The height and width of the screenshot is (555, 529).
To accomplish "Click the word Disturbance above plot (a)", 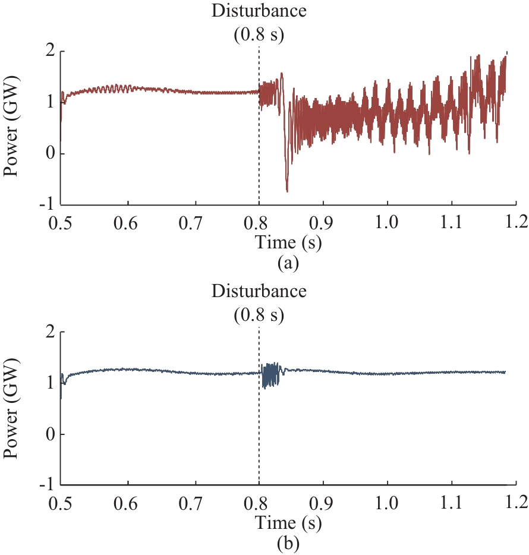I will (x=259, y=11).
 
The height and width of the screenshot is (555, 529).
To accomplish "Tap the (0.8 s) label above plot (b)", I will (x=259, y=314).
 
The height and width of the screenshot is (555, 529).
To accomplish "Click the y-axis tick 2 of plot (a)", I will (x=51, y=52).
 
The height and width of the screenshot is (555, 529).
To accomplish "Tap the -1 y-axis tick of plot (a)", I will (x=49, y=205).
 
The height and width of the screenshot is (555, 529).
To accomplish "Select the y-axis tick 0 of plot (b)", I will (x=51, y=434).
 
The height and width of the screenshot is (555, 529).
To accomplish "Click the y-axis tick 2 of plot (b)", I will (x=51, y=332).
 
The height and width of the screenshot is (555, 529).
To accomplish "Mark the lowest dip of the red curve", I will (x=287, y=191).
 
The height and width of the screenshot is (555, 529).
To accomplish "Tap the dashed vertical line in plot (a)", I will (x=259, y=149).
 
